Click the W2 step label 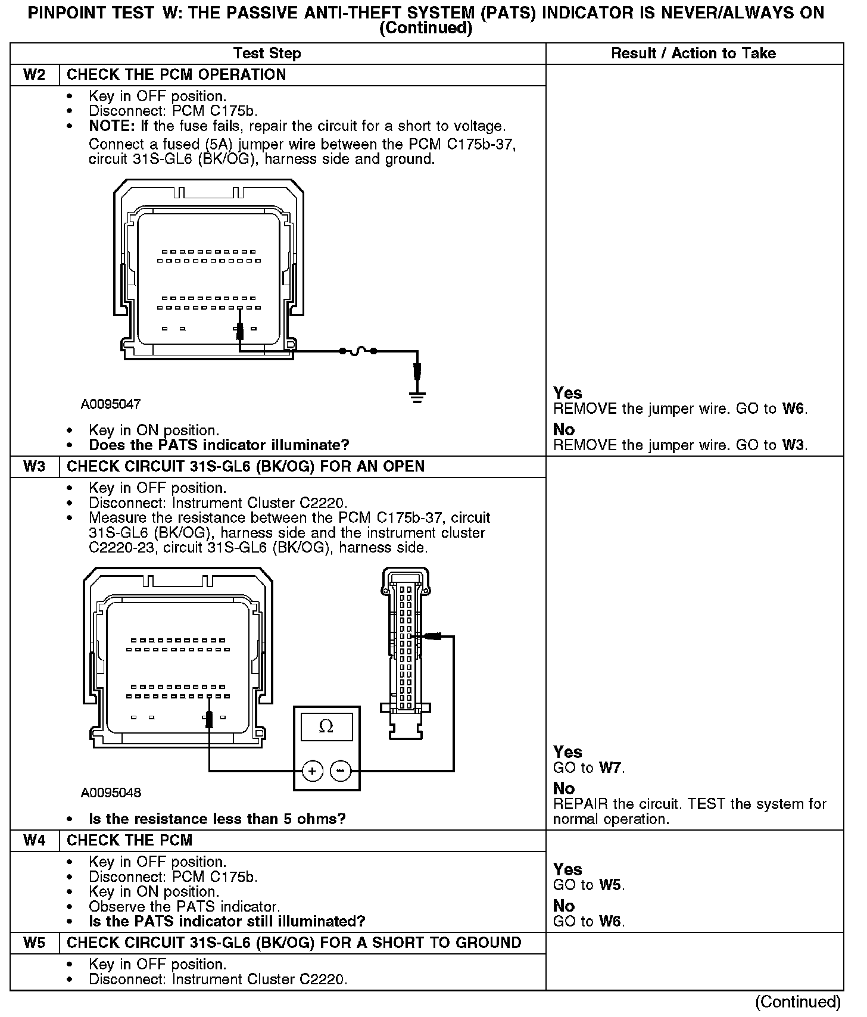pos(35,75)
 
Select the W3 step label pos(35,466)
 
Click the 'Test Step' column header pos(267,54)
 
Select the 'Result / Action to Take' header pos(694,54)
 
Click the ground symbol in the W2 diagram pos(418,397)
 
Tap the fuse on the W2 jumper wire pos(357,351)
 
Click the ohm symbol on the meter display pos(326,726)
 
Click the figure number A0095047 pos(111,404)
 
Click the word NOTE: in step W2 pos(113,126)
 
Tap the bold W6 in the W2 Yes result pos(794,409)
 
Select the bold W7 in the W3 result pos(610,768)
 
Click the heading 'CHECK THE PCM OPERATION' pos(176,75)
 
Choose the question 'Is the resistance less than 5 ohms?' pos(217,819)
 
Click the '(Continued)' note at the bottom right pos(798,1002)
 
